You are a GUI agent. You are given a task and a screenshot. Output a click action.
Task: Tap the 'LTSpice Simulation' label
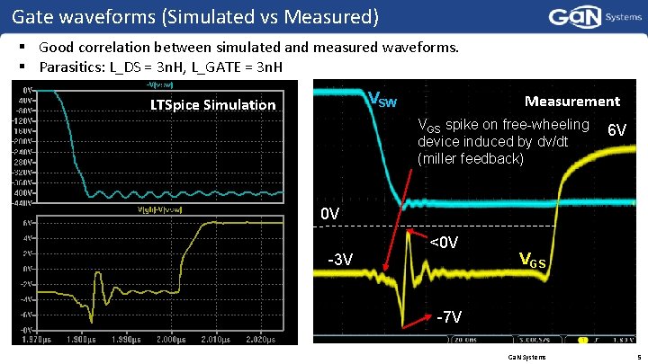pyautogui.click(x=212, y=105)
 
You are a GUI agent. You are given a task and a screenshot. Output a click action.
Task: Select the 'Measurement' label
pyautogui.click(x=571, y=102)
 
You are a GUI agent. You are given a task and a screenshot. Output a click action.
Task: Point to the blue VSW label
pyautogui.click(x=382, y=99)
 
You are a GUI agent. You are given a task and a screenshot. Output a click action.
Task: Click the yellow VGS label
pyautogui.click(x=534, y=261)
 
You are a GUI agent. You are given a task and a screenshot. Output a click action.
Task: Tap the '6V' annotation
pyautogui.click(x=617, y=130)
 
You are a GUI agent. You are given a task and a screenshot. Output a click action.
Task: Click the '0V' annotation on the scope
pyautogui.click(x=330, y=214)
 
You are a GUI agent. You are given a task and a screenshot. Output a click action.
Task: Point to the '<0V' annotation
pyautogui.click(x=444, y=243)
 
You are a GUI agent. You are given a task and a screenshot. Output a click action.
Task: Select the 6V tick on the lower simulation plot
pyautogui.click(x=29, y=222)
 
